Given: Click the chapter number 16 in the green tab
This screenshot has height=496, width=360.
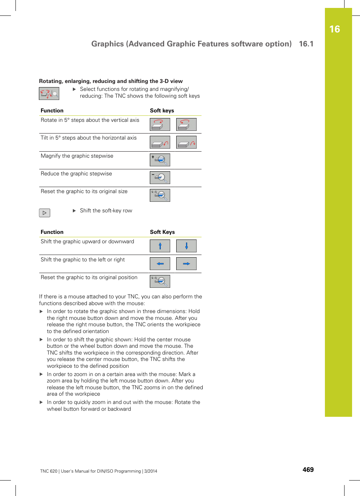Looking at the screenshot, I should tap(334, 29).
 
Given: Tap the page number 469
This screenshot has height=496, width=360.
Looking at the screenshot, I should tap(308, 470).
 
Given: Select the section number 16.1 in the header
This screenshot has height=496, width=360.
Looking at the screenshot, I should tap(306, 44).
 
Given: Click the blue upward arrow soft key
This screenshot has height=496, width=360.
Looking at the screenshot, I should tap(160, 246).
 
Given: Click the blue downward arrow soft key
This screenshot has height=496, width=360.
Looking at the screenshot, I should tap(186, 246).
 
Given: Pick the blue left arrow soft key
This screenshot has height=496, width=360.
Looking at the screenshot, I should tap(160, 264).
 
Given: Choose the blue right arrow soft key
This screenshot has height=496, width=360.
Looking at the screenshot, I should tap(186, 264).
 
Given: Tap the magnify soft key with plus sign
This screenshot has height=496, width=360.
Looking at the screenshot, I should tap(160, 160).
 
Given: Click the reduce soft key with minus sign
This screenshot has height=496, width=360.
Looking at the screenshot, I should tap(160, 178).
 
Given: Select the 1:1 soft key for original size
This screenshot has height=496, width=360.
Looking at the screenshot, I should tap(160, 195).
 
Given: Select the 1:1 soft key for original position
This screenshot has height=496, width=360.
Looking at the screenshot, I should tap(160, 281).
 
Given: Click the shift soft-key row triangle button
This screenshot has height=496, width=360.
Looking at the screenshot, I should tap(45, 213).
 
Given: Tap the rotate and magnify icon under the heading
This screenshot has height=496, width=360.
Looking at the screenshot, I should tap(49, 94).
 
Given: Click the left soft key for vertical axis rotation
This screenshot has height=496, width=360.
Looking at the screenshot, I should tap(160, 124).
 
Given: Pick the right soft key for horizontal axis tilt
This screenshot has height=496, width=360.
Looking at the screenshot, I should tap(186, 142).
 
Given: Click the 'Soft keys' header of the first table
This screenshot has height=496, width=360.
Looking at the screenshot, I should tap(162, 111).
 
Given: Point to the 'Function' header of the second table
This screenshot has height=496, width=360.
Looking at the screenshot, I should tap(52, 232).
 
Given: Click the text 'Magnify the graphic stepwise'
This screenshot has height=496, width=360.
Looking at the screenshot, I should tap(77, 156).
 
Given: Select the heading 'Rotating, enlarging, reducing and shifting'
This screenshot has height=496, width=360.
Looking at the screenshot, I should tap(111, 81).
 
